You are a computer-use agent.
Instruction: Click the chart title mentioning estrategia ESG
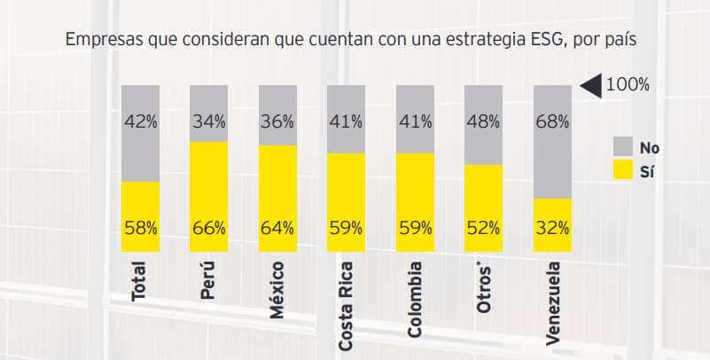tap(351, 41)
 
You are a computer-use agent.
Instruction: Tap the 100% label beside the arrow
tap(628, 85)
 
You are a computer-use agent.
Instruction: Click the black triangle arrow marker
tap(590, 85)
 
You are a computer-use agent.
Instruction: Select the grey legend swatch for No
tap(623, 148)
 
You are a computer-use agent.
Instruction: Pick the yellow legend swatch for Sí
tap(623, 172)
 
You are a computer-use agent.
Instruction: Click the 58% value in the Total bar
tap(140, 228)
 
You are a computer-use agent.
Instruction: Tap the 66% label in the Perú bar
tap(208, 228)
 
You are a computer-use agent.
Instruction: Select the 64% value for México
tap(277, 228)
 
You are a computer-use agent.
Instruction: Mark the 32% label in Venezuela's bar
tap(552, 228)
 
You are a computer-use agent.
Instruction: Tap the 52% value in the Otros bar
tap(483, 228)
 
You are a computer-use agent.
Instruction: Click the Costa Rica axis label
tap(347, 305)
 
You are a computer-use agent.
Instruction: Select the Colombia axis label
tap(415, 299)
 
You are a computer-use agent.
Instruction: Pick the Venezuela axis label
tap(553, 302)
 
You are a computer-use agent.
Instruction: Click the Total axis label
tap(139, 281)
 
